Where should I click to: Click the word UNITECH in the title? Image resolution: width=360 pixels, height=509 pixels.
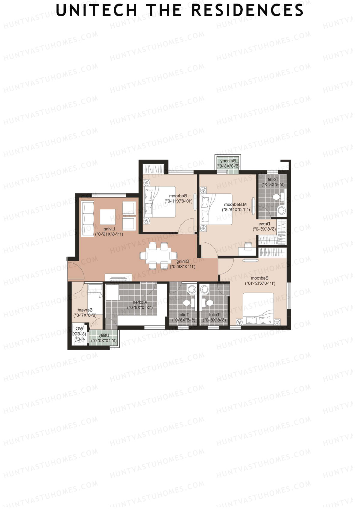[x=96, y=10]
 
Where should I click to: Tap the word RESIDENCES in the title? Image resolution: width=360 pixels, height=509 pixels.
[x=247, y=10]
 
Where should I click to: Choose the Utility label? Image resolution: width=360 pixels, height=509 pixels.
[x=104, y=335]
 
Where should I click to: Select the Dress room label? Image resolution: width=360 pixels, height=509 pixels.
[x=265, y=224]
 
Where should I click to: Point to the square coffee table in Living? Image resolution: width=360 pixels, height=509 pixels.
[x=107, y=215]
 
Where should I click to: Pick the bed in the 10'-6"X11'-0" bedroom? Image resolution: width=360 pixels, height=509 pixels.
[x=159, y=202]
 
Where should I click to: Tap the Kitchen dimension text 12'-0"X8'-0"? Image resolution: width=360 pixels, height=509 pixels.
[x=140, y=307]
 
